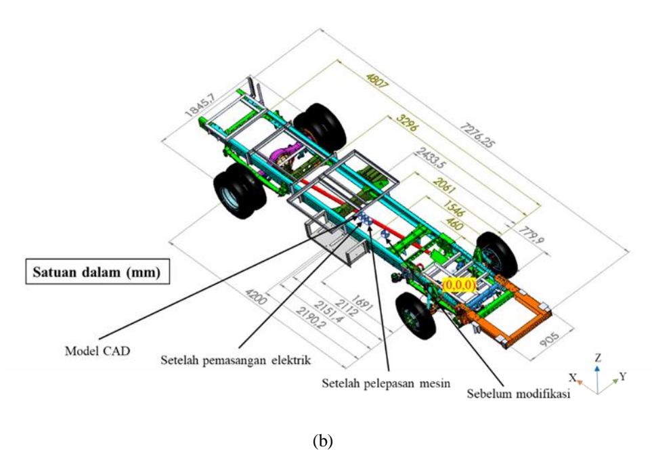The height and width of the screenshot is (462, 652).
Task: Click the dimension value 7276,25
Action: coord(478,135)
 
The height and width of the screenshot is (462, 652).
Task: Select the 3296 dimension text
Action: coord(406,123)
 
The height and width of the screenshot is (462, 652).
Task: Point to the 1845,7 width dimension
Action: coord(200,104)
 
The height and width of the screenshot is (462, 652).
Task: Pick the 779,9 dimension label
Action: coord(531,235)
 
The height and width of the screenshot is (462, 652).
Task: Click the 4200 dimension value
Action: coord(255,296)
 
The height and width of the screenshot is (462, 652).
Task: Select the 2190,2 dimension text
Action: coord(311,318)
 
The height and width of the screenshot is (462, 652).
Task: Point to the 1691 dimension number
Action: coord(362,303)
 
